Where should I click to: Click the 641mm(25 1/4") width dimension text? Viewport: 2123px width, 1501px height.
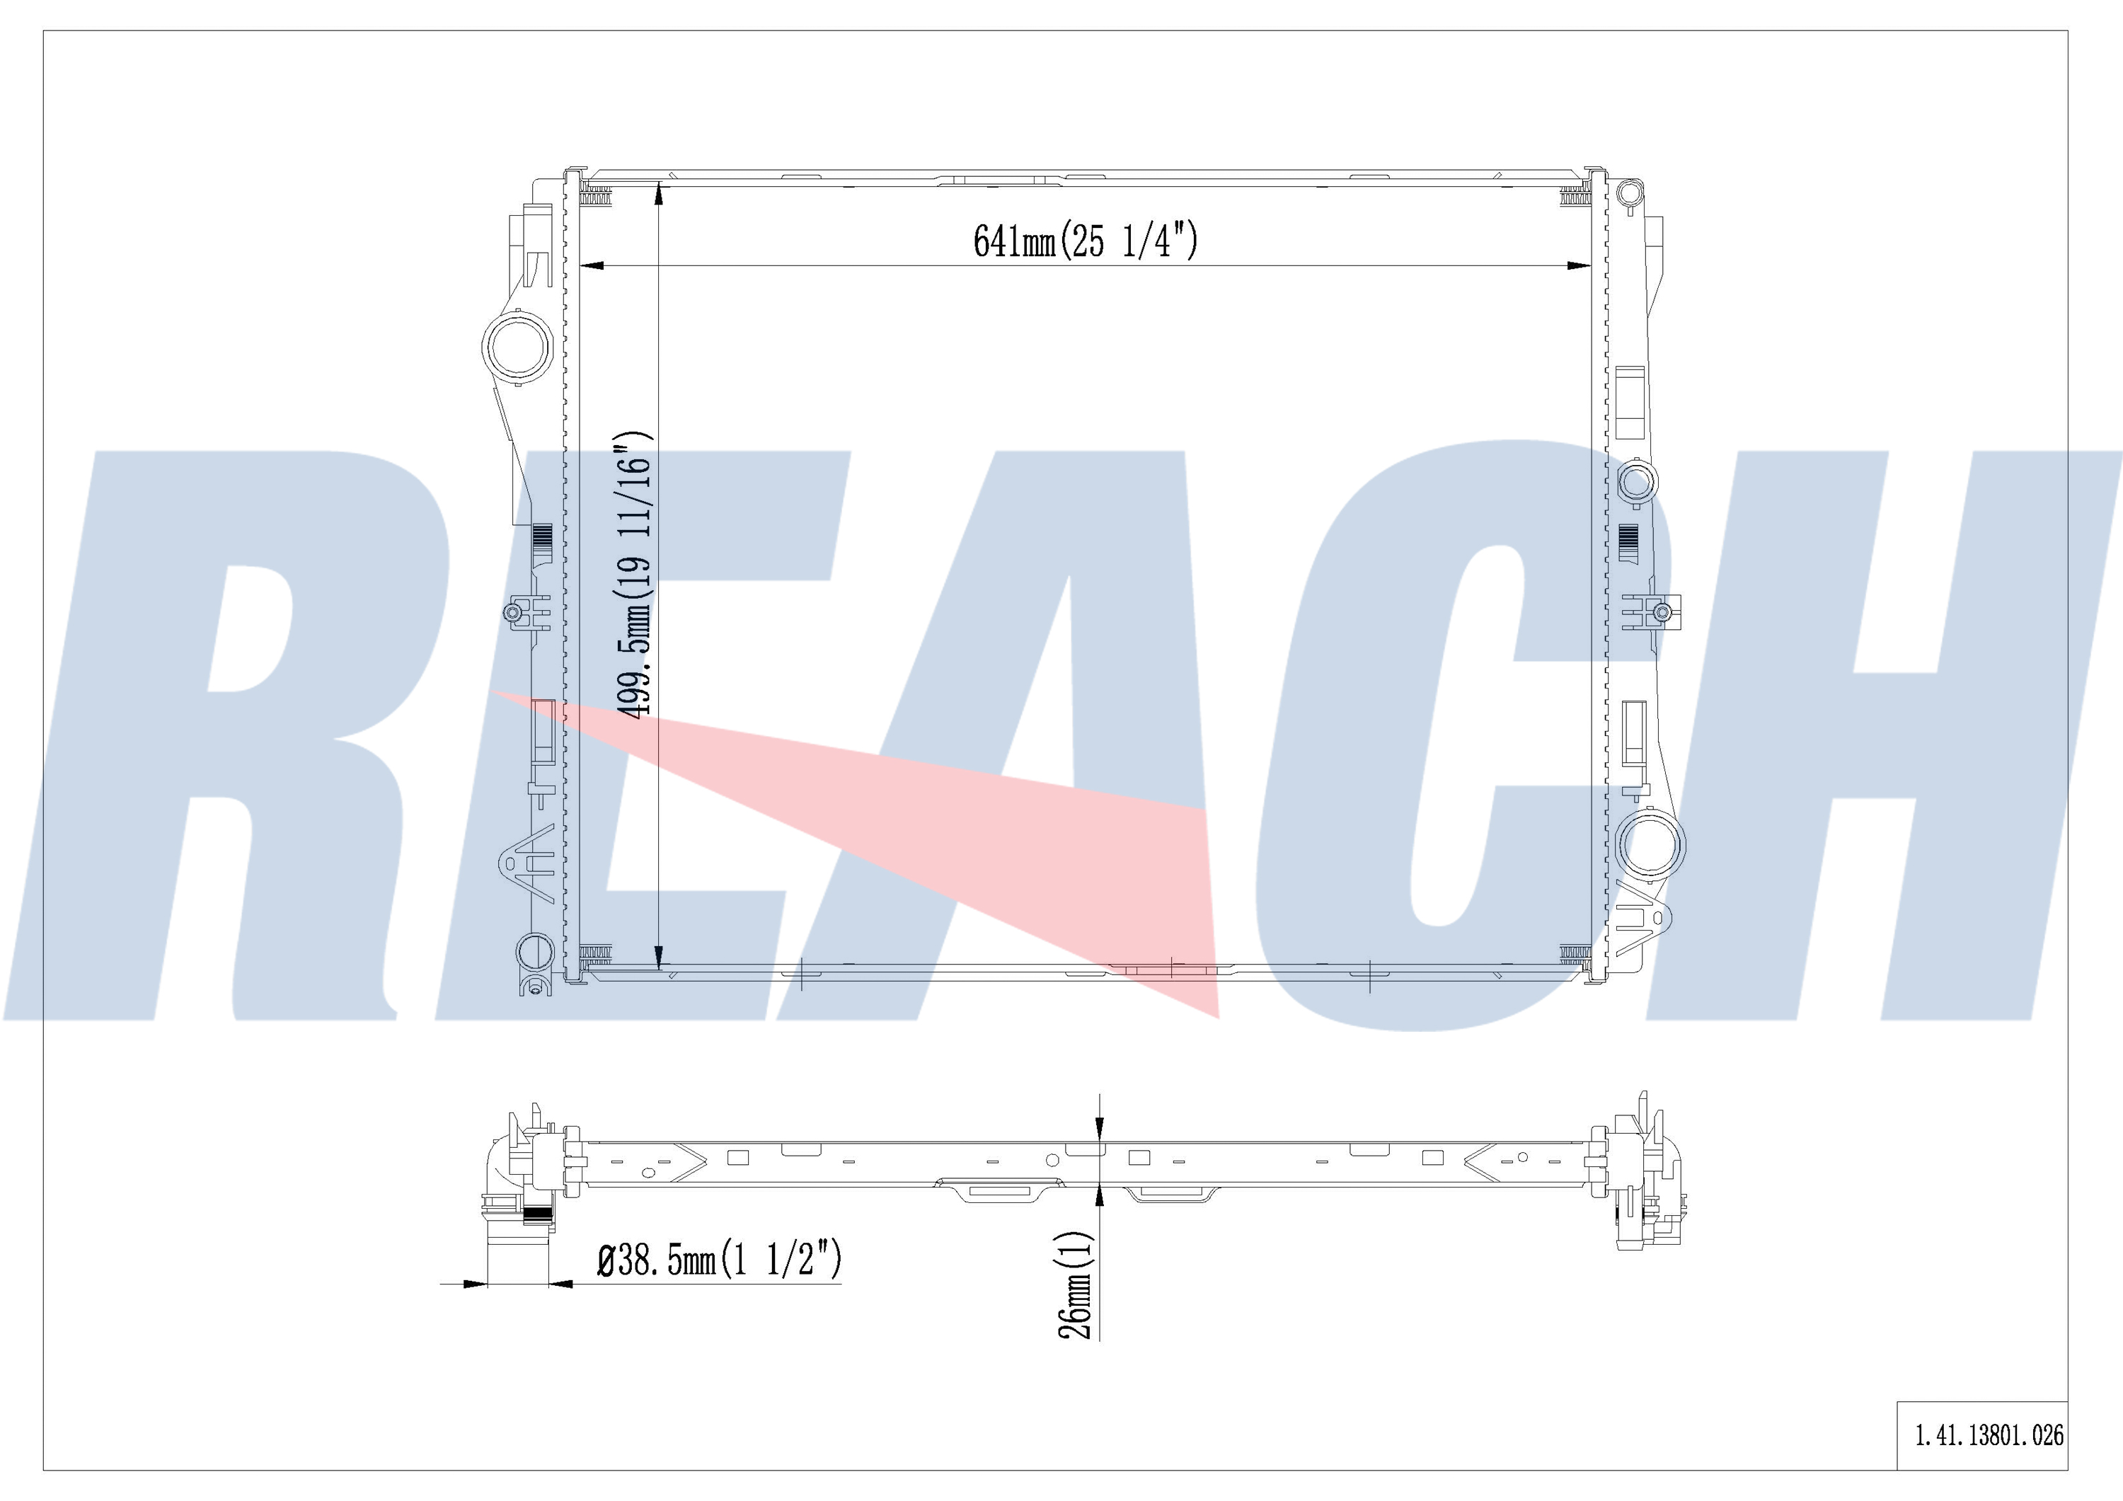pos(1085,241)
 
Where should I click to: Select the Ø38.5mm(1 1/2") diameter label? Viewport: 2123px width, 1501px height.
pos(720,1260)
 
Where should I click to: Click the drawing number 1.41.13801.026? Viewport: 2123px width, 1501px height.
pos(1988,1434)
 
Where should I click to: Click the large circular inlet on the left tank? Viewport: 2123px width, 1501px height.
pos(518,347)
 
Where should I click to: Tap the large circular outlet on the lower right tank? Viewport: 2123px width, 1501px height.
pos(1652,844)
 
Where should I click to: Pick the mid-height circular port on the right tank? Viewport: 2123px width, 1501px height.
pos(1637,481)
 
